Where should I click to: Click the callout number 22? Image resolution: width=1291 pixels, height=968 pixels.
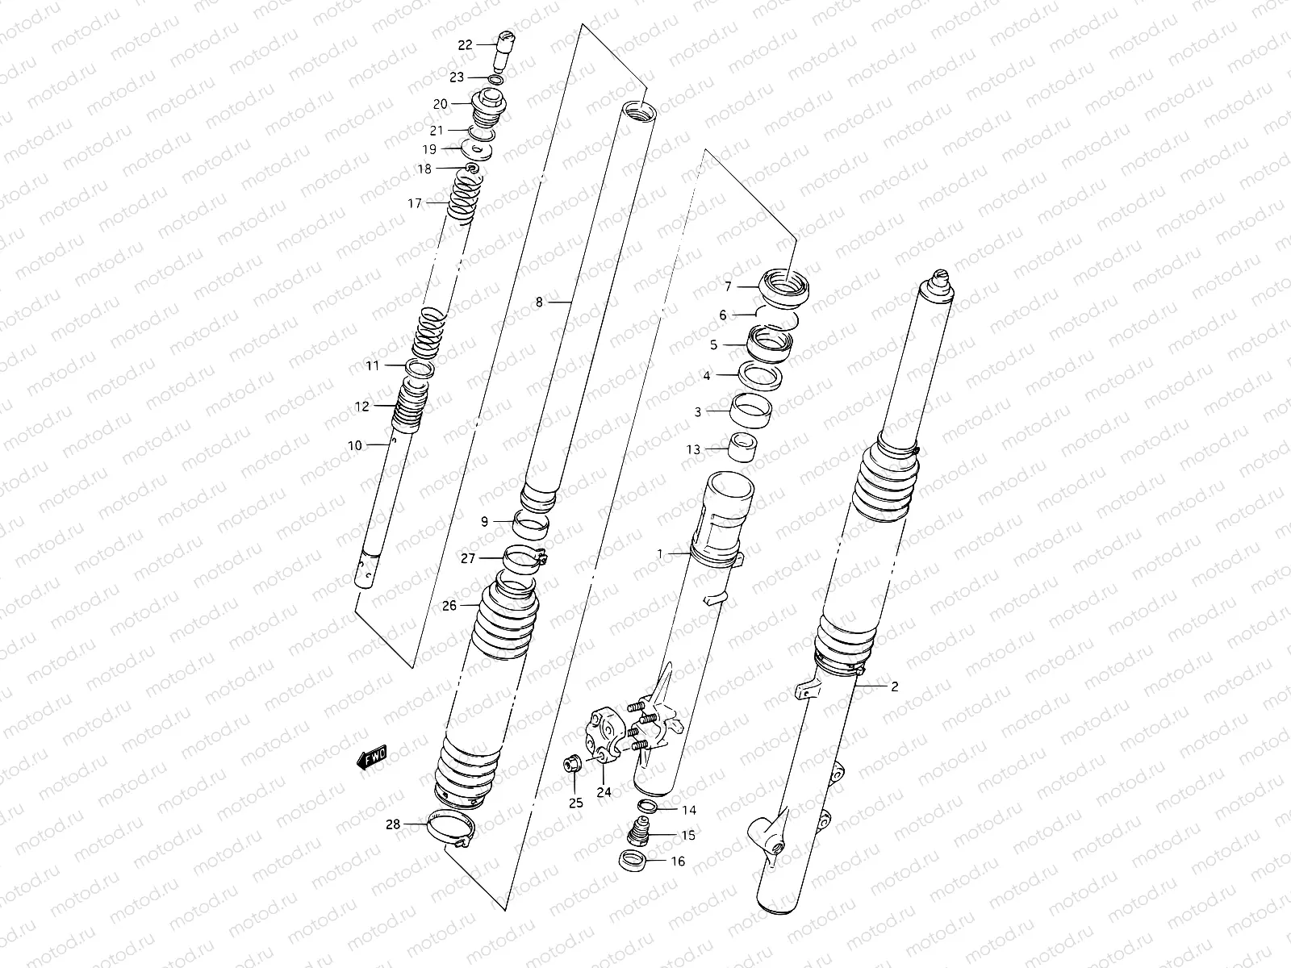[465, 45]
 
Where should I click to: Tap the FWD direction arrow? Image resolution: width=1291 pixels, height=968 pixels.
[373, 757]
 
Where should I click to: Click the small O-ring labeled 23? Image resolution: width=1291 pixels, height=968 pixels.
[497, 79]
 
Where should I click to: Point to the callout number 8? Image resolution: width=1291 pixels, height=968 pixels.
[539, 302]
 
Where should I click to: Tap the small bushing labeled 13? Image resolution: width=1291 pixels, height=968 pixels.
[742, 447]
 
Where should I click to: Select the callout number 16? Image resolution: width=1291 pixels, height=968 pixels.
[678, 862]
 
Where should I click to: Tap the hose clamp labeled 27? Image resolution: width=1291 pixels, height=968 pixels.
[526, 557]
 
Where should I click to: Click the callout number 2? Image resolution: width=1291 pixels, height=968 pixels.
[894, 686]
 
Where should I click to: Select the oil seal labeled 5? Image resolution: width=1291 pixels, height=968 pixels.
[767, 343]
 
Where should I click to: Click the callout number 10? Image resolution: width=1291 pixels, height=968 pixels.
[355, 445]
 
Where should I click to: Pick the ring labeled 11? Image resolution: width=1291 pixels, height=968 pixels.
[420, 369]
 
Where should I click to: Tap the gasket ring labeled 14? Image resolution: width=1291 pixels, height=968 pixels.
[646, 807]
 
